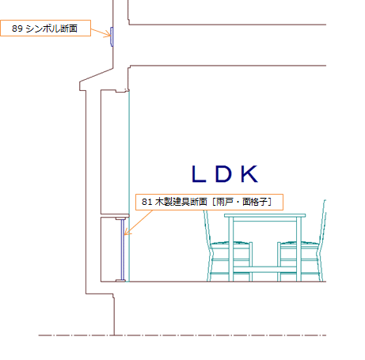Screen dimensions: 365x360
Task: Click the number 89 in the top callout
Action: tap(17, 28)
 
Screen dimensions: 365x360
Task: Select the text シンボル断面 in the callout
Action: tap(51, 28)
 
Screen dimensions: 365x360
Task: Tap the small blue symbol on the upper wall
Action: tap(112, 36)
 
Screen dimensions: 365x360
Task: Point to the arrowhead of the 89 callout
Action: tap(109, 35)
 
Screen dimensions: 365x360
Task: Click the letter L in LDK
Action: tap(199, 173)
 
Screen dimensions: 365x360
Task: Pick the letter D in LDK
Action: tap(223, 173)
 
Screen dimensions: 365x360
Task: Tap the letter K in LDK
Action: tap(250, 173)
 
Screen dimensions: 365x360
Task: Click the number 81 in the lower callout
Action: tap(147, 202)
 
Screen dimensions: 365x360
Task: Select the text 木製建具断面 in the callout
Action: tap(181, 202)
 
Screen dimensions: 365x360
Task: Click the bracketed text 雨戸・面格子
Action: tap(242, 202)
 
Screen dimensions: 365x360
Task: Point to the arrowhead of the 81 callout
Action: tap(126, 233)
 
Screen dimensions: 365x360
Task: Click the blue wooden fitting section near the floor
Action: tap(123, 249)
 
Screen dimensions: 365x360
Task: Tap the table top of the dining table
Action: tap(264, 215)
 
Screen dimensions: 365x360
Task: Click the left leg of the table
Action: tap(231, 249)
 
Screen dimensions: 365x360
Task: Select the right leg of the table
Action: tap(298, 249)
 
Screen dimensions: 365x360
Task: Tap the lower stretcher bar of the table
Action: tap(264, 269)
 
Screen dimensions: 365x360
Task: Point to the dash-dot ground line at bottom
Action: tap(182, 335)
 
